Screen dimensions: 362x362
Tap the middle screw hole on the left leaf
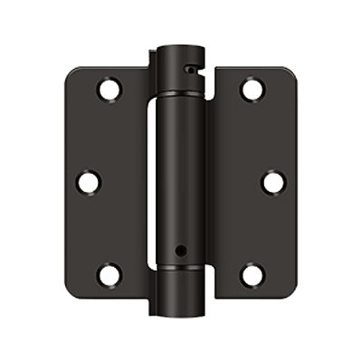coord(88,182)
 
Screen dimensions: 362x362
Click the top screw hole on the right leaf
coord(252,90)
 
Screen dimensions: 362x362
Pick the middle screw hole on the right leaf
coord(273,182)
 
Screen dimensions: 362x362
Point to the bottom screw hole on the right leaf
coord(252,274)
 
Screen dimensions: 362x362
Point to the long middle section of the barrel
coord(181,172)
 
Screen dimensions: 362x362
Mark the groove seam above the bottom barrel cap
coord(181,269)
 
